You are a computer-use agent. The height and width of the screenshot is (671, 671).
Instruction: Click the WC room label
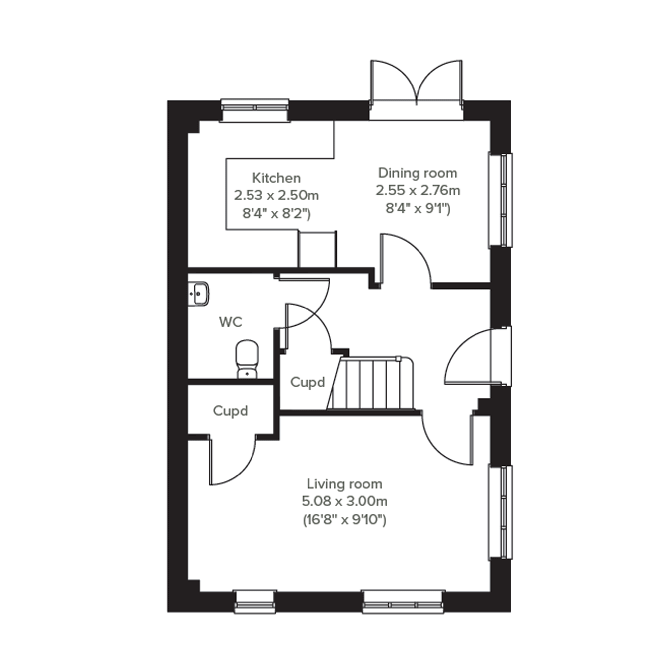(231, 322)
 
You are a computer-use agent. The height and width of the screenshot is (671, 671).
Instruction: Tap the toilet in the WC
(247, 359)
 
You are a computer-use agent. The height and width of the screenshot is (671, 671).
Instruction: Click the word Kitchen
(276, 178)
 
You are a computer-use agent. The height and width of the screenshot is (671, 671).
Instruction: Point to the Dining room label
(418, 173)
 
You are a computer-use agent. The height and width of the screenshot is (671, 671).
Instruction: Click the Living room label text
(345, 484)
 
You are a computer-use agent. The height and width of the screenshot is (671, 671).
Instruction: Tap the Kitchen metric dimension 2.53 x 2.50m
(276, 195)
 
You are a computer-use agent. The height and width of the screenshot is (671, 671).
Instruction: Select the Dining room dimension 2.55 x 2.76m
(418, 190)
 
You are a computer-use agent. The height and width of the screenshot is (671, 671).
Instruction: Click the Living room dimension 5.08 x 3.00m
(345, 501)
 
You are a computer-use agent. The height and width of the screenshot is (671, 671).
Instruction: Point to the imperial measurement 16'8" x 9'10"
(345, 520)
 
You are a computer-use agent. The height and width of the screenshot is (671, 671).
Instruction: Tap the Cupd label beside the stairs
(308, 382)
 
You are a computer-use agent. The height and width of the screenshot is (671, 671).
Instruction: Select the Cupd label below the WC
(230, 411)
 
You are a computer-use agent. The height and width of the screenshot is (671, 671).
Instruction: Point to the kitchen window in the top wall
(255, 110)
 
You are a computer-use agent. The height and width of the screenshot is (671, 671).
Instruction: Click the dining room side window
(500, 200)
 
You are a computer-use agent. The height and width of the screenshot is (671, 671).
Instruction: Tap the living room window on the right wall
(500, 513)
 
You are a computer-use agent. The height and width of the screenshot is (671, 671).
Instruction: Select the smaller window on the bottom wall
(255, 601)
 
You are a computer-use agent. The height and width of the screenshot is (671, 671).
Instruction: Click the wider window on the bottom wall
(403, 601)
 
